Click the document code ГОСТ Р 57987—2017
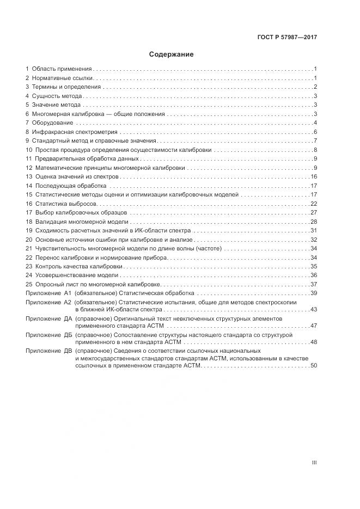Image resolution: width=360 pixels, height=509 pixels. point(287,38)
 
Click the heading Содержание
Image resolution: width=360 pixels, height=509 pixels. point(171,54)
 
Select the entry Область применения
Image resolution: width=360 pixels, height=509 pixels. point(62,69)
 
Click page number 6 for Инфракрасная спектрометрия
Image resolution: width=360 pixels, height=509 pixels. point(315,132)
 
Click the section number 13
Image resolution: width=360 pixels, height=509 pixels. point(29,177)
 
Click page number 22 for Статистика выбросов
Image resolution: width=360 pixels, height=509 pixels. point(314,204)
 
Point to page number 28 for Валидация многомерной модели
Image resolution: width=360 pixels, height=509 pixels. point(314,222)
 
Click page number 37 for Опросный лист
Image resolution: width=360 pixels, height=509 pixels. point(314,284)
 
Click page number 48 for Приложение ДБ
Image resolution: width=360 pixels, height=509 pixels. point(314,342)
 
